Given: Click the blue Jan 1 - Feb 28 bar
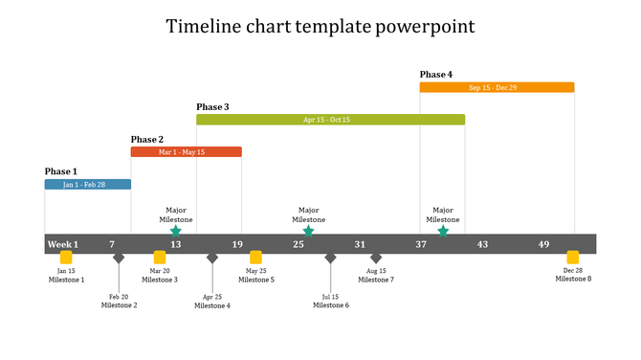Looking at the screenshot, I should [x=87, y=184].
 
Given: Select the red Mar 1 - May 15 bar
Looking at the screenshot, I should [x=186, y=151].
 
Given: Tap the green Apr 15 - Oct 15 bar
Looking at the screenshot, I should [x=330, y=120].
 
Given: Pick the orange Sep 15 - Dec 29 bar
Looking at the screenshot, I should [x=497, y=87].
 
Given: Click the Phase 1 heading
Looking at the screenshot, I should [x=61, y=171].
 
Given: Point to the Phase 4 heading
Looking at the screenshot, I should [x=436, y=75].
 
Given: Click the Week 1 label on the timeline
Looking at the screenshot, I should [x=63, y=244].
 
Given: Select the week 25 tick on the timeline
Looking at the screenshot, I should [x=298, y=244].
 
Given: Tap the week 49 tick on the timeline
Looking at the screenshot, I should [x=543, y=244].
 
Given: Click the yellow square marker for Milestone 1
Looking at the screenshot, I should [x=66, y=258].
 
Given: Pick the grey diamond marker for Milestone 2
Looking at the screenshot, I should [x=119, y=258].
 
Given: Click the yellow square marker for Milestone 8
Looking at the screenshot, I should [x=573, y=257].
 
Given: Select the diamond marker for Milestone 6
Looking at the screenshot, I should [x=330, y=258].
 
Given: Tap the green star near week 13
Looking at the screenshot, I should [x=175, y=231].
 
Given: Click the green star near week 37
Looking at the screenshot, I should [x=442, y=231].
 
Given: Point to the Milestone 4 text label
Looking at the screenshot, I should [x=212, y=305].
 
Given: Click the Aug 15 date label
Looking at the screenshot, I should [x=376, y=271].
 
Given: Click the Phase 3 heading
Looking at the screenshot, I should [x=212, y=107].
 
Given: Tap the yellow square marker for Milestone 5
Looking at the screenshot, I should [x=255, y=257].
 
